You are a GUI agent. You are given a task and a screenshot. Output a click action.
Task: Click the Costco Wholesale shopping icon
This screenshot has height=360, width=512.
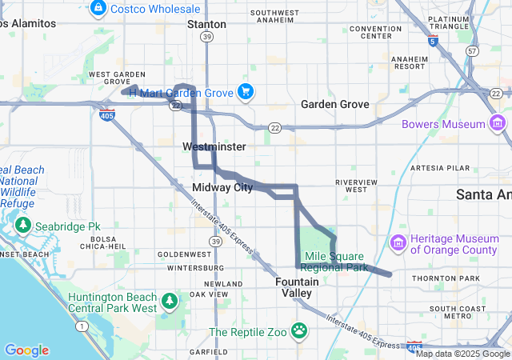(x=98, y=8)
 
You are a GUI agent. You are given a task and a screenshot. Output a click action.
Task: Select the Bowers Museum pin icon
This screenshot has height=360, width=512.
(x=498, y=124)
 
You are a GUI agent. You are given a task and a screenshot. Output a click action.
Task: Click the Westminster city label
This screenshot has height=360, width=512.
(x=214, y=147)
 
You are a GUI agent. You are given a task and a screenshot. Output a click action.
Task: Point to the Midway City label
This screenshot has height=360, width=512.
(x=222, y=187)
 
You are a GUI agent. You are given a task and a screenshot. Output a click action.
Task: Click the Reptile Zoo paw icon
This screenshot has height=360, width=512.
(x=299, y=330)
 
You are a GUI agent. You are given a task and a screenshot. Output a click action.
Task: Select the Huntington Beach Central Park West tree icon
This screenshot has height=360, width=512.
(x=169, y=302)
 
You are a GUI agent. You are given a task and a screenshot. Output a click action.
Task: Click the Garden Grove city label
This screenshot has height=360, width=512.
(x=334, y=105)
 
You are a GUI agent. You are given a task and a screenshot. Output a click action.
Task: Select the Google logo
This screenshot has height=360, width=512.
(x=26, y=350)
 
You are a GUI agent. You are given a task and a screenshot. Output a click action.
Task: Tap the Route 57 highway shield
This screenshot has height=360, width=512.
(x=473, y=51)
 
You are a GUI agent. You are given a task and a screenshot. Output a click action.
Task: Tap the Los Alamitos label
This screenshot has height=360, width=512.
(x=28, y=23)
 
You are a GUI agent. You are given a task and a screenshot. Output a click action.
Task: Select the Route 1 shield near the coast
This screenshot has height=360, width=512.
(x=81, y=326)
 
